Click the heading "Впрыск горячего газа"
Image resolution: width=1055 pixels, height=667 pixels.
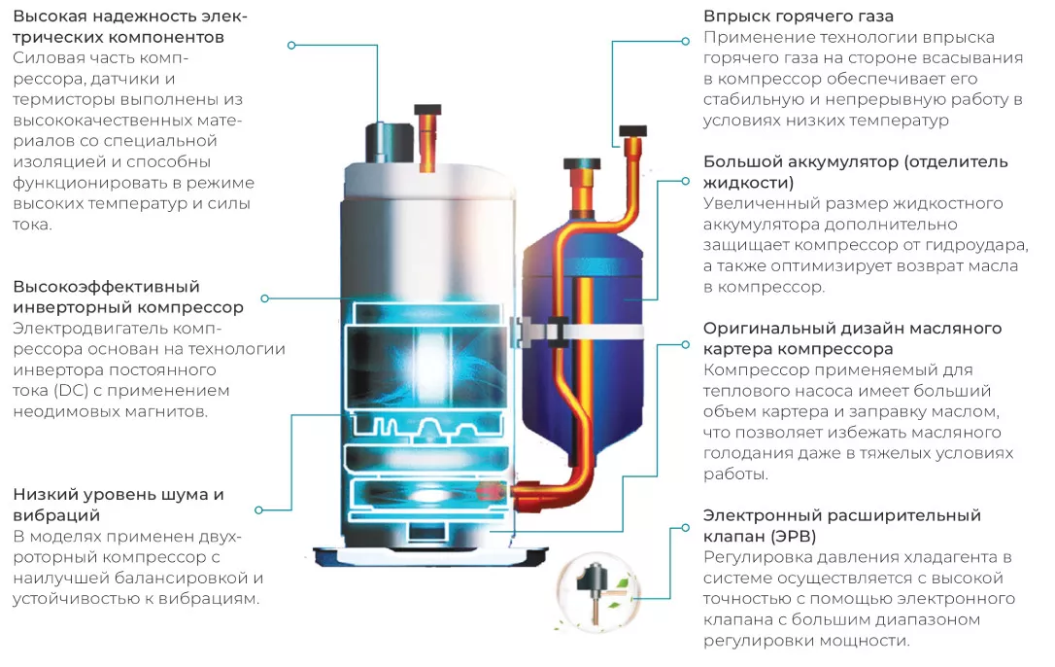click(x=798, y=17)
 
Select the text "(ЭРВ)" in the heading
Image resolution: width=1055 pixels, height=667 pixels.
click(x=794, y=537)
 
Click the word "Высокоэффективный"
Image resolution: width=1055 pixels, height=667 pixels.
click(x=106, y=287)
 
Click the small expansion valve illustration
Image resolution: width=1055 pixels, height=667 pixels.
click(x=596, y=593)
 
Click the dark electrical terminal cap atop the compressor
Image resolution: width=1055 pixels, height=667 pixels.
click(x=389, y=142)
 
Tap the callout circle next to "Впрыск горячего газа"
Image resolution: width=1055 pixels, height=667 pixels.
click(x=685, y=41)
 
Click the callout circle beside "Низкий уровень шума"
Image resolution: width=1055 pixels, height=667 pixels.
click(x=259, y=510)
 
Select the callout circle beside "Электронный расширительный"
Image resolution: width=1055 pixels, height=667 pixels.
click(x=685, y=528)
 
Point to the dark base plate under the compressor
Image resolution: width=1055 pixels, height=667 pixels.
click(x=430, y=557)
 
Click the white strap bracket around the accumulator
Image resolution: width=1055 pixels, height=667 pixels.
click(x=579, y=332)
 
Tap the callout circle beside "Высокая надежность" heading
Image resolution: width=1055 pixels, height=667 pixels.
click(x=291, y=45)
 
